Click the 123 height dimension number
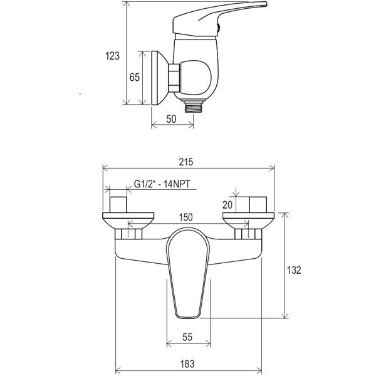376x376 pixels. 112,56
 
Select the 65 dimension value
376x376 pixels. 134,77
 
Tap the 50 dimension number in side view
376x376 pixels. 171,119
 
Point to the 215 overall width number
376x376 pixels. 186,162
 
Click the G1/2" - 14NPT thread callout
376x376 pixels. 162,184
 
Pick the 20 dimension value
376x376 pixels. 227,205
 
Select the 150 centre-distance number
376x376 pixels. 186,217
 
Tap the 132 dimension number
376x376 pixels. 294,270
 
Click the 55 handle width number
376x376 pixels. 187,337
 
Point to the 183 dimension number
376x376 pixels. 187,364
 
